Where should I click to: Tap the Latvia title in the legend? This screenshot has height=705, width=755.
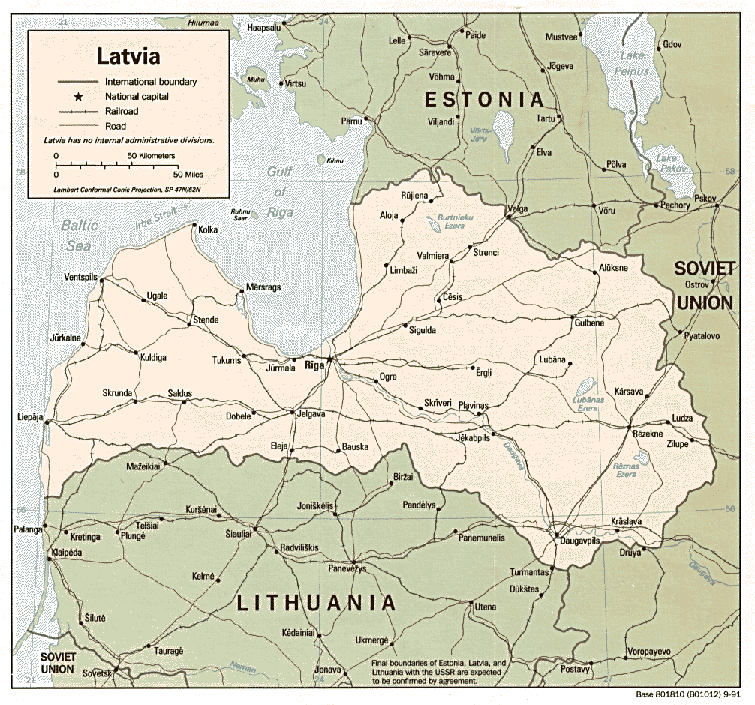(127, 56)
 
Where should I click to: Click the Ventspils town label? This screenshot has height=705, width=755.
(80, 277)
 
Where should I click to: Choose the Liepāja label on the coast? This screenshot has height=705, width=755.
(30, 416)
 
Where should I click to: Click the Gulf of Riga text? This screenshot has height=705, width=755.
(278, 192)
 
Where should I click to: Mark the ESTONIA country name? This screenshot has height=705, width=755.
(483, 99)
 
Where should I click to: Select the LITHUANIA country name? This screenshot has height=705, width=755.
(316, 602)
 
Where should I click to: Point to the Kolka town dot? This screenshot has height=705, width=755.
(194, 225)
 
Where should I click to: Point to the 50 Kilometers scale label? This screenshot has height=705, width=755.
(151, 156)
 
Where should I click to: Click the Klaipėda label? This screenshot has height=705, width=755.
(70, 553)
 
